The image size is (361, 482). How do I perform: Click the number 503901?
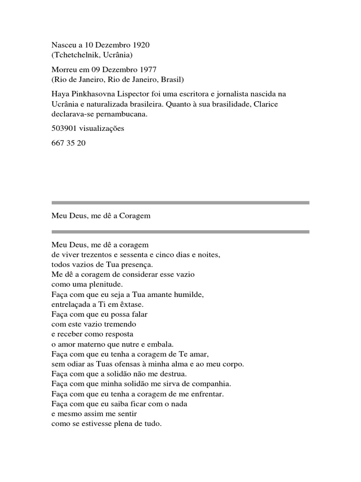[63, 128]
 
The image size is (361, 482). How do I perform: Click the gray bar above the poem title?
[180, 203]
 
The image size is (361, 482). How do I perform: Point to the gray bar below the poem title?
[180, 232]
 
